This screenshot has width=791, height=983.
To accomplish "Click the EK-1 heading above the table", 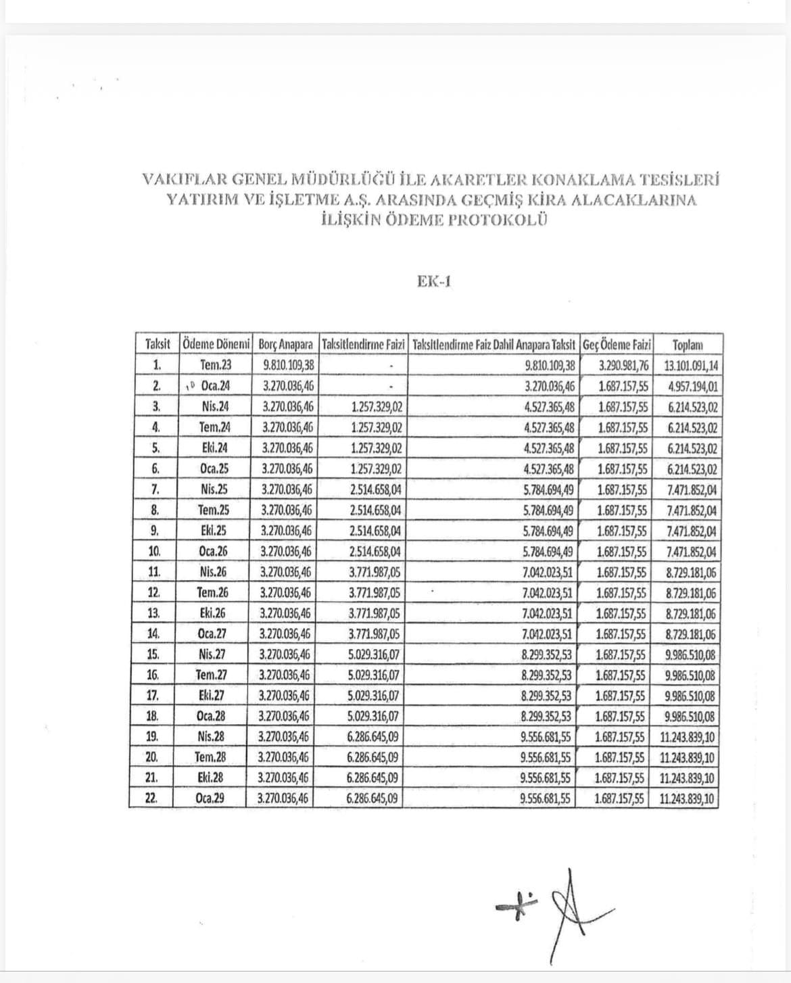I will pos(434,281).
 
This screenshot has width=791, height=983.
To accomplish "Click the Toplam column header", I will pos(688,345).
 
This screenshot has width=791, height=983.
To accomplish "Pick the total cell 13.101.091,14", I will pos(690,366).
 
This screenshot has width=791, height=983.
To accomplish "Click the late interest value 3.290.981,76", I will pos(623,366).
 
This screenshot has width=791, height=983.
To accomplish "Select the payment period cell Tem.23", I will pos(216,366).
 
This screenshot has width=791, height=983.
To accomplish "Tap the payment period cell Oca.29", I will pos(210,798).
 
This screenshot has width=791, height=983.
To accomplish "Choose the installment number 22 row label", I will pos(151,798).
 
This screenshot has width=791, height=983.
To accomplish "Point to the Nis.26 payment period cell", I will pos(214,572).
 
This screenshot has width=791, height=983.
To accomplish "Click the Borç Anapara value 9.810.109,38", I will pos(287,366).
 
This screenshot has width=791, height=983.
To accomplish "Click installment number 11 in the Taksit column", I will pos(154,572).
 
